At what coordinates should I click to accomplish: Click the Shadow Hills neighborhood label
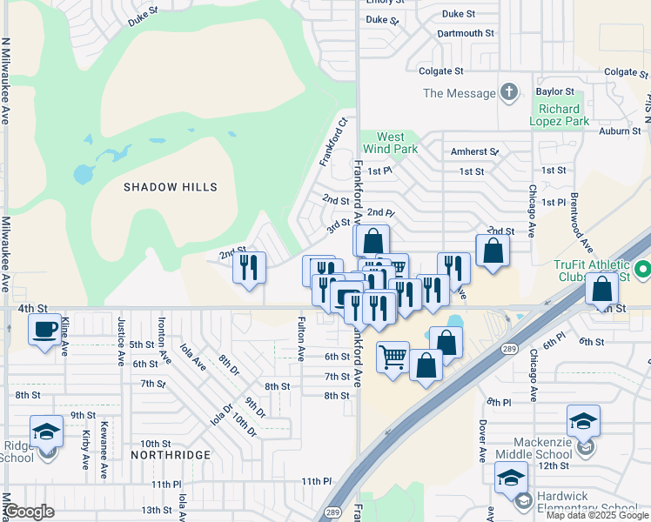pyautogui.click(x=170, y=187)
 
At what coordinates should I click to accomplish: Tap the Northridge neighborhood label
pyautogui.click(x=171, y=455)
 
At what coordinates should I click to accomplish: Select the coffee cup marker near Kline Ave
pyautogui.click(x=45, y=330)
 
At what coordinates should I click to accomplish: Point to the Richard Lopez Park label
pyautogui.click(x=559, y=116)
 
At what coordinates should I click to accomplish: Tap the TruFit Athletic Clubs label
pyautogui.click(x=591, y=271)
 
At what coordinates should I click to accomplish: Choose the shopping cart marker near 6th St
pyautogui.click(x=393, y=356)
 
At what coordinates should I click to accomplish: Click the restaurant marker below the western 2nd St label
pyautogui.click(x=250, y=267)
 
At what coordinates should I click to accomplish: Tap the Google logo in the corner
pyautogui.click(x=30, y=512)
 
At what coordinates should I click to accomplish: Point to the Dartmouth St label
pyautogui.click(x=465, y=33)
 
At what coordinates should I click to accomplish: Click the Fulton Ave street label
pyautogui.click(x=301, y=340)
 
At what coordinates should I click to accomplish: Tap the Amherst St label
pyautogui.click(x=474, y=151)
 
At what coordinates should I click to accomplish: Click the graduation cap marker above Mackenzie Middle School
pyautogui.click(x=582, y=422)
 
